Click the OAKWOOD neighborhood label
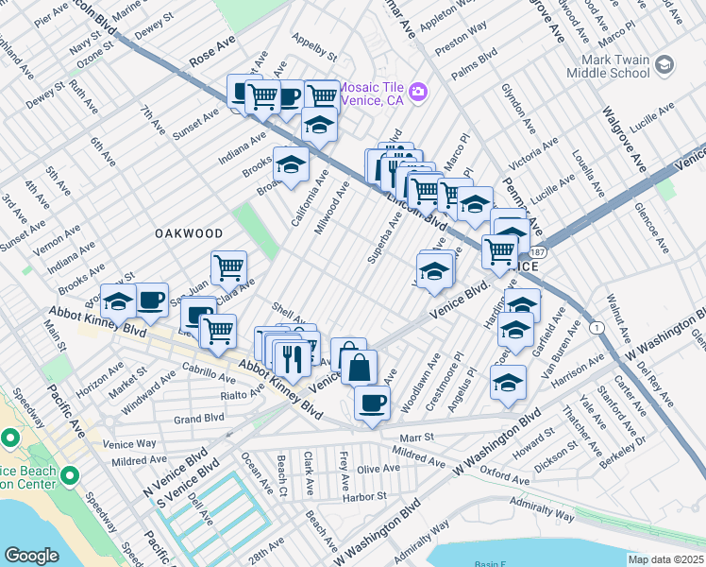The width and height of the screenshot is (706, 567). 189,233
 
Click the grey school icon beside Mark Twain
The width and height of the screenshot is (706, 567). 664,64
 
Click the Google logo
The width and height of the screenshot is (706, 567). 31,556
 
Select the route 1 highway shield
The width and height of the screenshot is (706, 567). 597,327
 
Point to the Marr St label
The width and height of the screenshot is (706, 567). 415,438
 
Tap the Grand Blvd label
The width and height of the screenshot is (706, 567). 198,418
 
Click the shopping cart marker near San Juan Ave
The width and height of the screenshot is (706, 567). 228,268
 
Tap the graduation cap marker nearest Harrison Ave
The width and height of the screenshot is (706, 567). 508,383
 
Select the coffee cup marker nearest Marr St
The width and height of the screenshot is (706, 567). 372,403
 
